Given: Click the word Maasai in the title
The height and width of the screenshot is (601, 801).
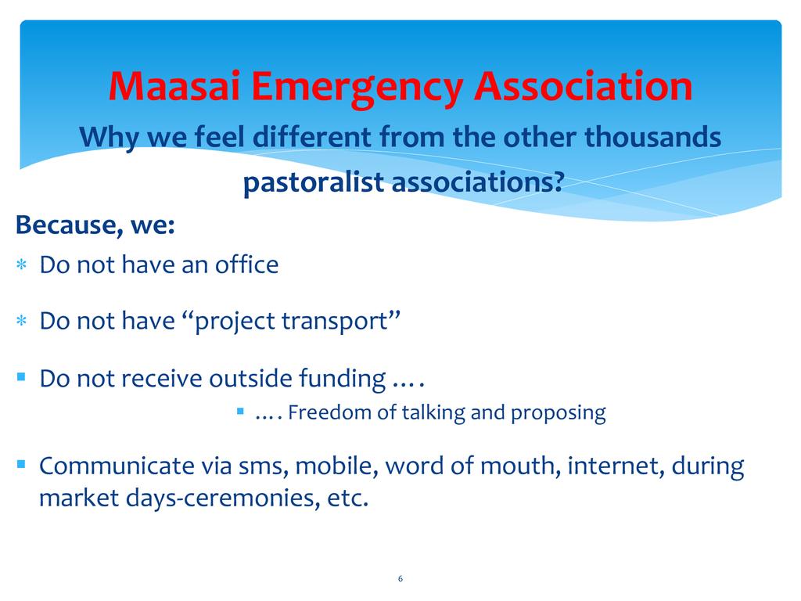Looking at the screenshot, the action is pos(174,85).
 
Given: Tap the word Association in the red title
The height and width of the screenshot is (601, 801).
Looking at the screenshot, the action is pos(583,85).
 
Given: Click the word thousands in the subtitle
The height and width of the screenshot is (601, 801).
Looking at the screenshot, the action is pos(652,137).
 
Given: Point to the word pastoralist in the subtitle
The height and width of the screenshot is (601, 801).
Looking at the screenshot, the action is pos(313,182).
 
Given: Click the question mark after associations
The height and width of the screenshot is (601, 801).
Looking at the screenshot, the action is pos(559,182).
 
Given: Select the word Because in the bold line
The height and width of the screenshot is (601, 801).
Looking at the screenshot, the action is pos(69,225).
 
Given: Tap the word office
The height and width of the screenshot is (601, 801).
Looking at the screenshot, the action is pos(246,265).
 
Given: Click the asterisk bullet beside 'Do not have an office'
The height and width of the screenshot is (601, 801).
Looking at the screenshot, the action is pos(21,265).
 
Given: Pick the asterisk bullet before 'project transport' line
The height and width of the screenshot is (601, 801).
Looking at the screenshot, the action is pos(21,321).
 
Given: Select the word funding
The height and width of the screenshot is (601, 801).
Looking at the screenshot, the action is pos(343,379).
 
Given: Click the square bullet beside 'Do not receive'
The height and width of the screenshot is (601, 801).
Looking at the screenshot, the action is pos(21,377).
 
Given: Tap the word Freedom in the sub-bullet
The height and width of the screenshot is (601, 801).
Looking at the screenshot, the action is pos(329,412).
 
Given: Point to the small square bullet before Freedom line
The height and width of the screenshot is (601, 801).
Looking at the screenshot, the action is pos(241,410).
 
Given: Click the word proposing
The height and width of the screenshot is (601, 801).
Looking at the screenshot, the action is pos(559,413).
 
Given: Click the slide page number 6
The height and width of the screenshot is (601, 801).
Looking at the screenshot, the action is pos(400,578).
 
